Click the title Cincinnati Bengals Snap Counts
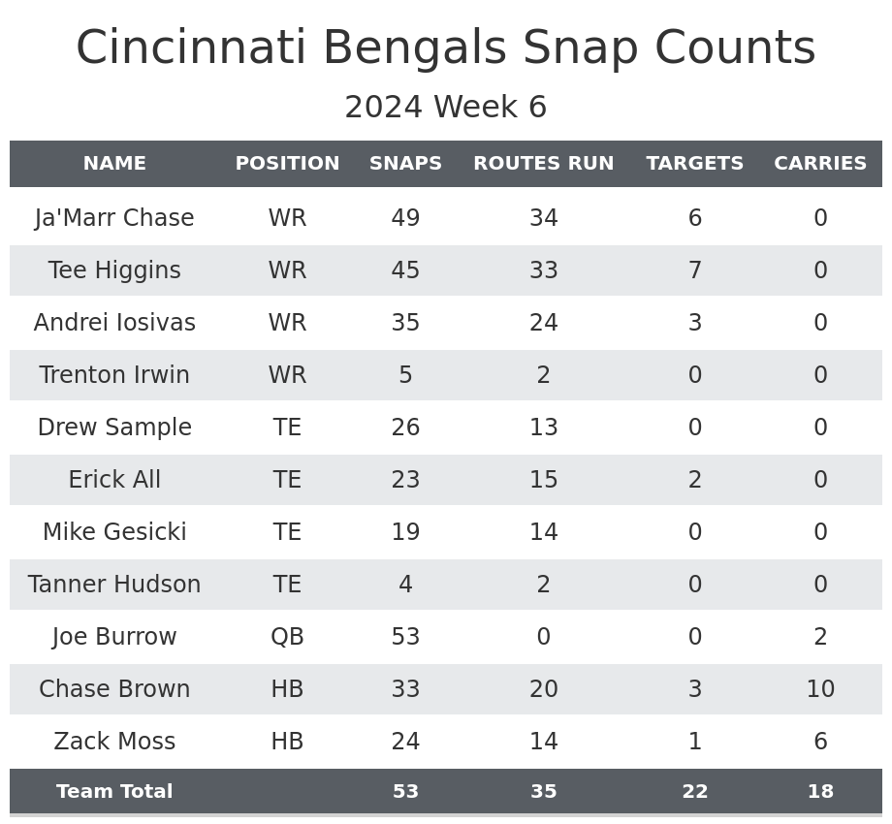446,48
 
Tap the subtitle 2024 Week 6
446,108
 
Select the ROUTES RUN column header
543,164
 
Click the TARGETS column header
694,164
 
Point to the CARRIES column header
820,164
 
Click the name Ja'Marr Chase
114,218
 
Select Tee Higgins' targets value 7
694,270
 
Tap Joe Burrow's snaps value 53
405,637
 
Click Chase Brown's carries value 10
820,689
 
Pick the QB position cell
287,637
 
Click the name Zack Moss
114,742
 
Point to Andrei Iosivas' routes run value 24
543,323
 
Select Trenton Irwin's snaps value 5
405,375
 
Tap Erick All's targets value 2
694,480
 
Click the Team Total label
114,792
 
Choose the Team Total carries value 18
820,792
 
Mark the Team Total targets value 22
694,792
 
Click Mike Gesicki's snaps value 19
405,532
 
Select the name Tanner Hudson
114,585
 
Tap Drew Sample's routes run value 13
543,428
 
